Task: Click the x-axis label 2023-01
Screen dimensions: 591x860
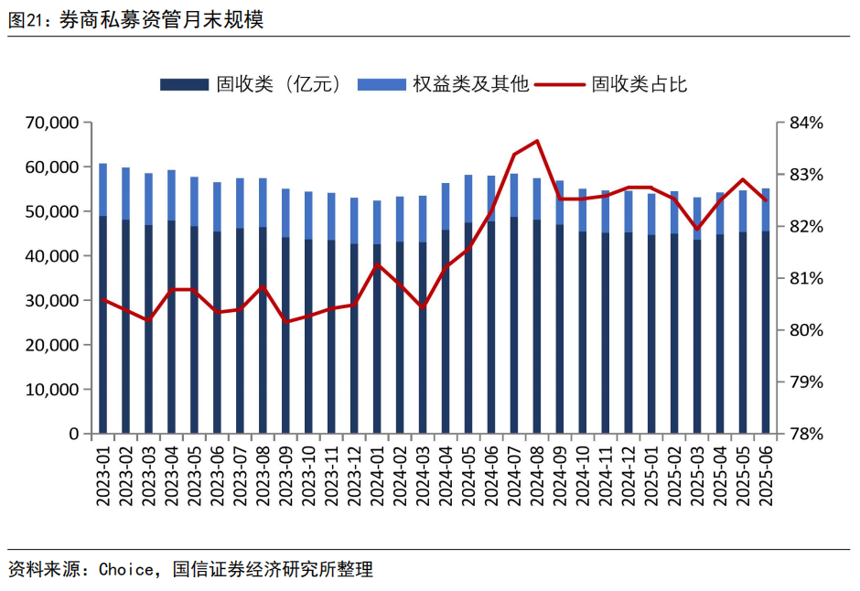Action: click(x=102, y=472)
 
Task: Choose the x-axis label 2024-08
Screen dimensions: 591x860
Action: click(x=537, y=472)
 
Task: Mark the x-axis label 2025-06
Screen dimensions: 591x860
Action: click(x=766, y=472)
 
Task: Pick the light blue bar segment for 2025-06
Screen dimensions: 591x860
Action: click(x=766, y=210)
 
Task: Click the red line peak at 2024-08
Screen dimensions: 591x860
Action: click(x=537, y=141)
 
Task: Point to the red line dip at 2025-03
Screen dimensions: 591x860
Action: click(x=697, y=229)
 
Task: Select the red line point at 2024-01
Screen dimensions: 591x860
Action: click(x=377, y=264)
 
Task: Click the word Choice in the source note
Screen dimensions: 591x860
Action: click(x=126, y=569)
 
